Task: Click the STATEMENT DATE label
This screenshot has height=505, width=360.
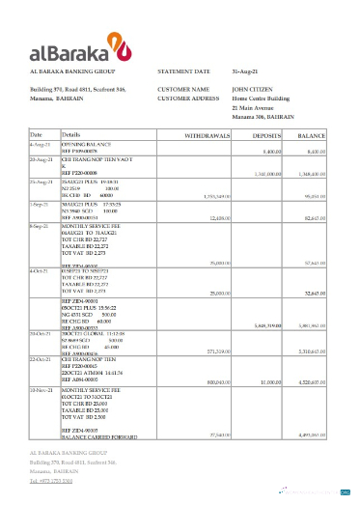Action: [183, 71]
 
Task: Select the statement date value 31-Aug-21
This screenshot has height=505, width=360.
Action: [247, 71]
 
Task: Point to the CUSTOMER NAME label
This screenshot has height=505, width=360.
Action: [184, 89]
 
